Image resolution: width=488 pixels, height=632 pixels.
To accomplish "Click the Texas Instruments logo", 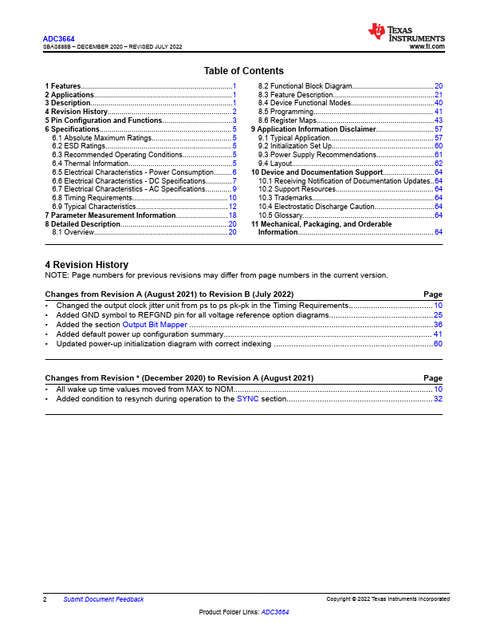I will [406, 33].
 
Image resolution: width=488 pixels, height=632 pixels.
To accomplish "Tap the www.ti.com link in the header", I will [427, 47].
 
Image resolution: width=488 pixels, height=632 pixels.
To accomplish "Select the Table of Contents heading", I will [243, 71].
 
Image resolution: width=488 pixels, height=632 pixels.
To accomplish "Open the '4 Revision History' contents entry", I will [76, 112].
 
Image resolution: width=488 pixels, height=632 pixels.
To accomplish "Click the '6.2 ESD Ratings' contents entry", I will [78, 146].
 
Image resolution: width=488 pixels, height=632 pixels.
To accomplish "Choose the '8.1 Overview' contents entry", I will [73, 232].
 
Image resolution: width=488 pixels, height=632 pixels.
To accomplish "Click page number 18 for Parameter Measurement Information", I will [232, 215].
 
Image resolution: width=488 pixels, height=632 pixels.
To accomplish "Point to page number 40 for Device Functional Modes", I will [439, 103].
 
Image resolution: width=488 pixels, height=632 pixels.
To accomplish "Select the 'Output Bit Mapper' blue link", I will [155, 325].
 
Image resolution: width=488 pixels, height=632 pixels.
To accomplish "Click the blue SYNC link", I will [247, 398].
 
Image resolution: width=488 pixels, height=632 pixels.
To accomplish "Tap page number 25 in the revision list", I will [438, 315].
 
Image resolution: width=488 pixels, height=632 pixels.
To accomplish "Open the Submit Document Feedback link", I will [104, 599].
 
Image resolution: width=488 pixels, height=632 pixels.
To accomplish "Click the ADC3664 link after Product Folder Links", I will [275, 612].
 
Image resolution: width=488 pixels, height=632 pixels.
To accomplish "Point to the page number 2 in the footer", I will [45, 599].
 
